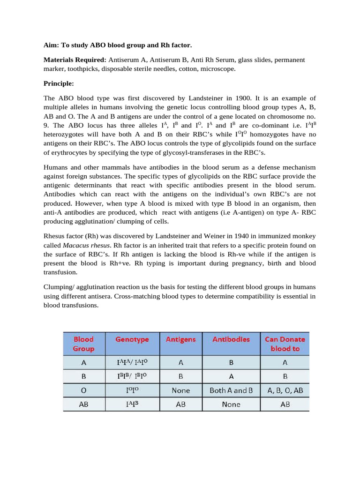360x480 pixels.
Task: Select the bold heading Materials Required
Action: point(75,60)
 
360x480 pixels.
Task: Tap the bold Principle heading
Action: point(59,83)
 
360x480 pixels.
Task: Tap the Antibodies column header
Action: point(231,339)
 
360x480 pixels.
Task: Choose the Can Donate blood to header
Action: point(285,344)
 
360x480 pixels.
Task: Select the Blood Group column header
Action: point(83,344)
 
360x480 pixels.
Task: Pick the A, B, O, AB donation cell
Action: point(285,390)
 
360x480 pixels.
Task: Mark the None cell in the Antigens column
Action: point(181,390)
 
